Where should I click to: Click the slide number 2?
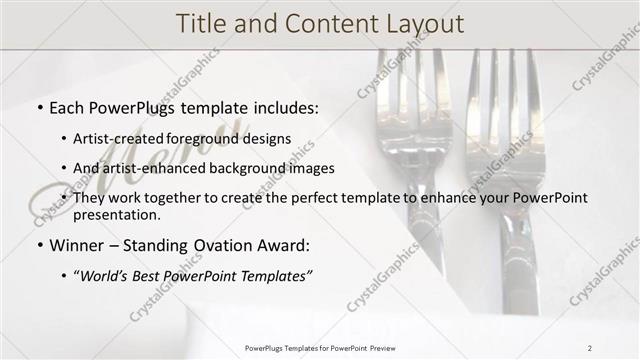(x=589, y=347)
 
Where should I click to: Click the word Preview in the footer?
(x=381, y=347)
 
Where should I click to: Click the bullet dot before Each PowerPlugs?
(x=38, y=106)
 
